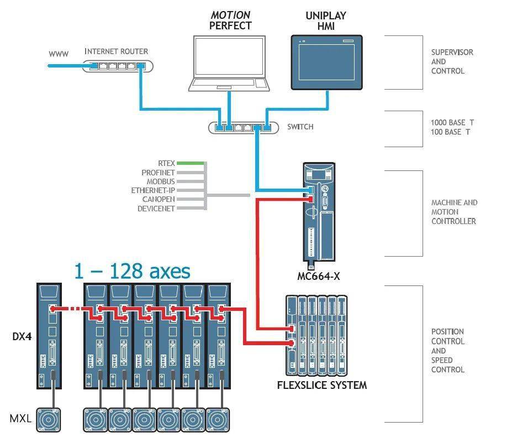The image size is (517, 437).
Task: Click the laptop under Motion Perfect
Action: (229, 64)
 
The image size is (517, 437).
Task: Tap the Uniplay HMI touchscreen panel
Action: (326, 63)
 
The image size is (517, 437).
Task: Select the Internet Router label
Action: (117, 51)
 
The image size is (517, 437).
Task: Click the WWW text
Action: (59, 54)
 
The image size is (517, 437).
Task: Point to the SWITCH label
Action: (300, 127)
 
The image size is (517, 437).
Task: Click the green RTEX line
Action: (190, 163)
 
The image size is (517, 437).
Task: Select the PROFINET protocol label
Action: (158, 173)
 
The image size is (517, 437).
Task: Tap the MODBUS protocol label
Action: (161, 181)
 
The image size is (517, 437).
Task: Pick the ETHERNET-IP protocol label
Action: (152, 191)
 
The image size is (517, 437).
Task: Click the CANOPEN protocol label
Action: (159, 200)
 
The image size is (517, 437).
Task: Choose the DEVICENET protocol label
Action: (156, 209)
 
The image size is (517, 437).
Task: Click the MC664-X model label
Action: (319, 276)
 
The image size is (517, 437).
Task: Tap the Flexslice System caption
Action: (322, 385)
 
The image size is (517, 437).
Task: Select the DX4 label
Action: (22, 336)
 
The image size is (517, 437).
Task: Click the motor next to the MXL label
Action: (48, 420)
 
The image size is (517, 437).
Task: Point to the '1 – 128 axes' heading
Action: (132, 272)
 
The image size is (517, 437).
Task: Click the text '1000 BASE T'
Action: (452, 123)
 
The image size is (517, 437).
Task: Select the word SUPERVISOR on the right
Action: (452, 52)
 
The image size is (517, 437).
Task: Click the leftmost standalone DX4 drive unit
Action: (49, 336)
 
